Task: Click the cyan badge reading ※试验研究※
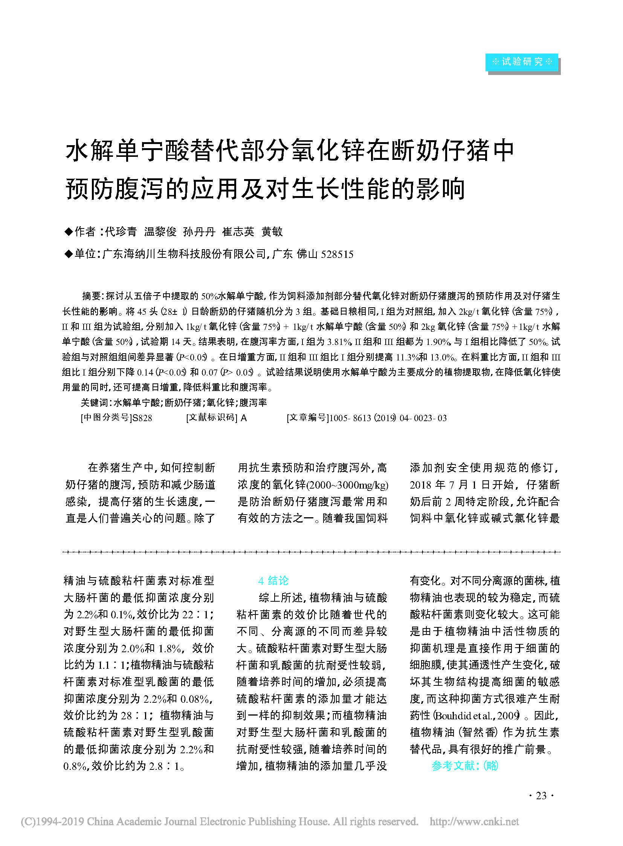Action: (x=521, y=62)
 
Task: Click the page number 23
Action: (x=541, y=795)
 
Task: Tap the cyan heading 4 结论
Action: (x=273, y=581)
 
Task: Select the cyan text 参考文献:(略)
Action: (x=464, y=765)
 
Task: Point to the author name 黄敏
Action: (x=272, y=232)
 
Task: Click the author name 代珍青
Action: (x=121, y=232)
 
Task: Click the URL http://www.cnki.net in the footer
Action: (x=474, y=822)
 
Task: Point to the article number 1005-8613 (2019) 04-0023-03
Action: (x=388, y=418)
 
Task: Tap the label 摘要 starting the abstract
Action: (x=92, y=296)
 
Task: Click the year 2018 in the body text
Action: (x=420, y=485)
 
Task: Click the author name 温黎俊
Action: (x=160, y=232)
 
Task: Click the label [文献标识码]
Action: (x=212, y=418)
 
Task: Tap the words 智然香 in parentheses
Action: (x=480, y=732)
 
